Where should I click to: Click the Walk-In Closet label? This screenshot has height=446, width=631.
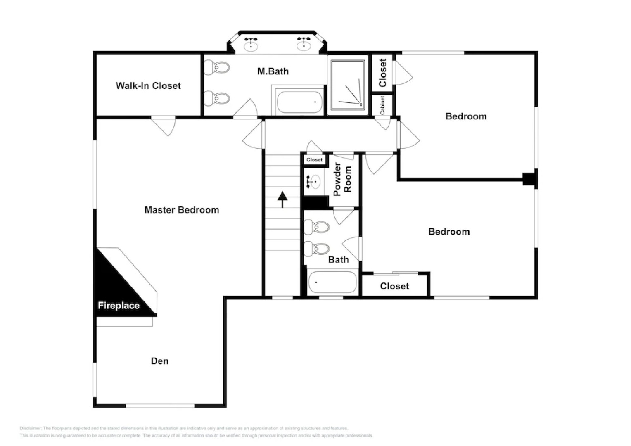(x=148, y=86)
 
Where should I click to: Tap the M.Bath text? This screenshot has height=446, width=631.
(x=273, y=71)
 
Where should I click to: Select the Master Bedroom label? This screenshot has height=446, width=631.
(x=182, y=210)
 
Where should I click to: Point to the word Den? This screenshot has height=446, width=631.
(x=160, y=361)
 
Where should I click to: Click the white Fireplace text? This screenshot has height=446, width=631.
(x=119, y=306)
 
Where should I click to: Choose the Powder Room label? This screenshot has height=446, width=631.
(x=342, y=179)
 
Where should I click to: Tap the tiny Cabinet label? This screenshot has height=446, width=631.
(x=382, y=105)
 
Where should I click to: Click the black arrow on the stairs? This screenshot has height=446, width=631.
(x=282, y=199)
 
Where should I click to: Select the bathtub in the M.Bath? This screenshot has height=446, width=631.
(x=299, y=102)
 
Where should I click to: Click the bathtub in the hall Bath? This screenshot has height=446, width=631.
(x=332, y=282)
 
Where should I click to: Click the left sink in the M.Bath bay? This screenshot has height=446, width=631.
(x=251, y=44)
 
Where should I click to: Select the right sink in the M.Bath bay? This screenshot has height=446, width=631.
(x=304, y=44)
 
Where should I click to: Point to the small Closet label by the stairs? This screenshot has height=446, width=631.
(x=314, y=160)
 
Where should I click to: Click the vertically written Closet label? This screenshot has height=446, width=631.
(x=382, y=73)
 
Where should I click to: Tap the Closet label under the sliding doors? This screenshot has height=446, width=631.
(x=394, y=286)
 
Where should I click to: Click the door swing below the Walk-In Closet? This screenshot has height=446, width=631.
(x=164, y=126)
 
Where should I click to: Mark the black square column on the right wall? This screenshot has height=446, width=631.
(x=529, y=179)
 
